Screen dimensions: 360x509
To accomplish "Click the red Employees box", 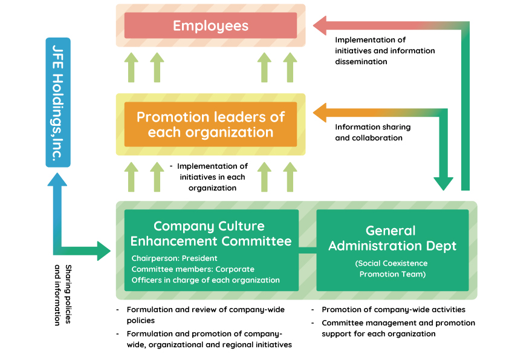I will (x=210, y=25).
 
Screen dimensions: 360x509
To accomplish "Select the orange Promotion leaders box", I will (x=210, y=124).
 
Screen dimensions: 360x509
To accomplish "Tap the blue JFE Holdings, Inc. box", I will (x=58, y=102).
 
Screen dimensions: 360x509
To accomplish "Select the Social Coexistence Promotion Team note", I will (x=391, y=269).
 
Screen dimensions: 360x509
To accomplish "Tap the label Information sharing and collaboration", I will (x=372, y=133).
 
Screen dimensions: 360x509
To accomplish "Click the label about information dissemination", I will (x=384, y=51).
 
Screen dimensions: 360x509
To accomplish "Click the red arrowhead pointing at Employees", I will (x=321, y=25).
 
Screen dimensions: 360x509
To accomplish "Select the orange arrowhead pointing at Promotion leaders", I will (x=321, y=113).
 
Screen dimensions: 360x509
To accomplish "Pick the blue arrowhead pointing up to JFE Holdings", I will (x=58, y=178).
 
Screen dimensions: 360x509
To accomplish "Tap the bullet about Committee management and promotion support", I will (x=398, y=328).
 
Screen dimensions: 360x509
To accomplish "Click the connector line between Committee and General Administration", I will (x=308, y=249).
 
